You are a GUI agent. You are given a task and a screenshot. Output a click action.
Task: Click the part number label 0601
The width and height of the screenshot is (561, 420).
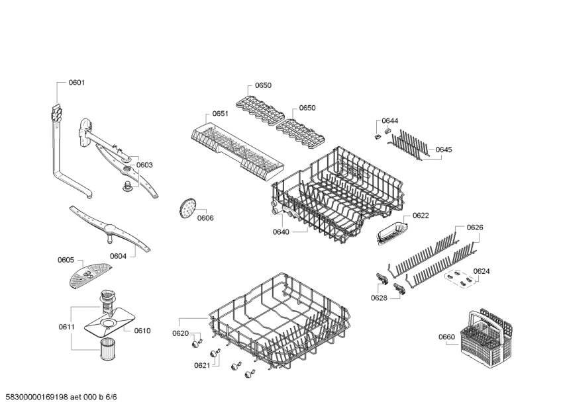tap(77, 83)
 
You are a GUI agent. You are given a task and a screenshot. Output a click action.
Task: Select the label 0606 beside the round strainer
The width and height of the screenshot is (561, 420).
tap(205, 218)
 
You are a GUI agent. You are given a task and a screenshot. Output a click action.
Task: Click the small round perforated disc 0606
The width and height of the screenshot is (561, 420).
tap(185, 208)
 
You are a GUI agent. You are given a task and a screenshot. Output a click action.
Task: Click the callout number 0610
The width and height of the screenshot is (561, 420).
tap(142, 331)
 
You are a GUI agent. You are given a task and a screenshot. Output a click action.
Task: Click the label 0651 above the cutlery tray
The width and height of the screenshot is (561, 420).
tap(221, 114)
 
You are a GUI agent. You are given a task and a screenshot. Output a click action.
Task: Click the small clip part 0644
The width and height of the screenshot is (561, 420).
tap(380, 136)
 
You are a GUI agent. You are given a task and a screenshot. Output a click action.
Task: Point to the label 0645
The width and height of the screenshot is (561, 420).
tap(444, 150)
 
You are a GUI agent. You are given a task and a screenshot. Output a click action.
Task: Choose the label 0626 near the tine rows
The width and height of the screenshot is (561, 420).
tap(475, 228)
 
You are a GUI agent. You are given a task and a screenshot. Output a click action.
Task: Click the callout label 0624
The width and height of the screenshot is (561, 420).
tap(482, 271)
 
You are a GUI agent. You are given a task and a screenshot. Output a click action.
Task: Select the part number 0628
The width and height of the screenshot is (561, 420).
tap(379, 298)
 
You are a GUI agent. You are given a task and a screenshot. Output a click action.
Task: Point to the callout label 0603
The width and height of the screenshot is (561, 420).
tap(144, 165)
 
